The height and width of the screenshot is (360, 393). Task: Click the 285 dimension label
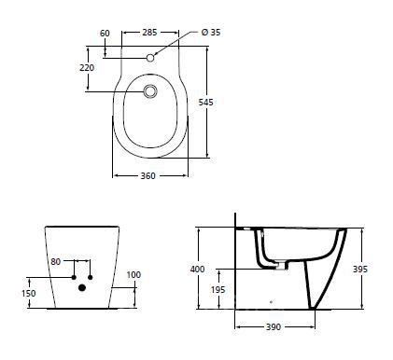click(149, 32)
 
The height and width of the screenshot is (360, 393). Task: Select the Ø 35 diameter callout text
click(211, 32)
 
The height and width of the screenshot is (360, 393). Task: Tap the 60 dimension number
click(105, 33)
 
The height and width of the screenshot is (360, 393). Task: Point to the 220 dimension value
click(87, 67)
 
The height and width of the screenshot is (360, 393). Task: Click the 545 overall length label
click(206, 102)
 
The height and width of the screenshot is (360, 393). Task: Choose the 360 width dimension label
click(147, 176)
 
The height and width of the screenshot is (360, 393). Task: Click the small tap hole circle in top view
click(150, 58)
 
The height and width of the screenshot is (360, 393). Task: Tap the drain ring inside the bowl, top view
click(150, 91)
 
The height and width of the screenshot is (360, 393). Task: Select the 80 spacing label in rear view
click(56, 262)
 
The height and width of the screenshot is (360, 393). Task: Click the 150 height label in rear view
click(29, 293)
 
